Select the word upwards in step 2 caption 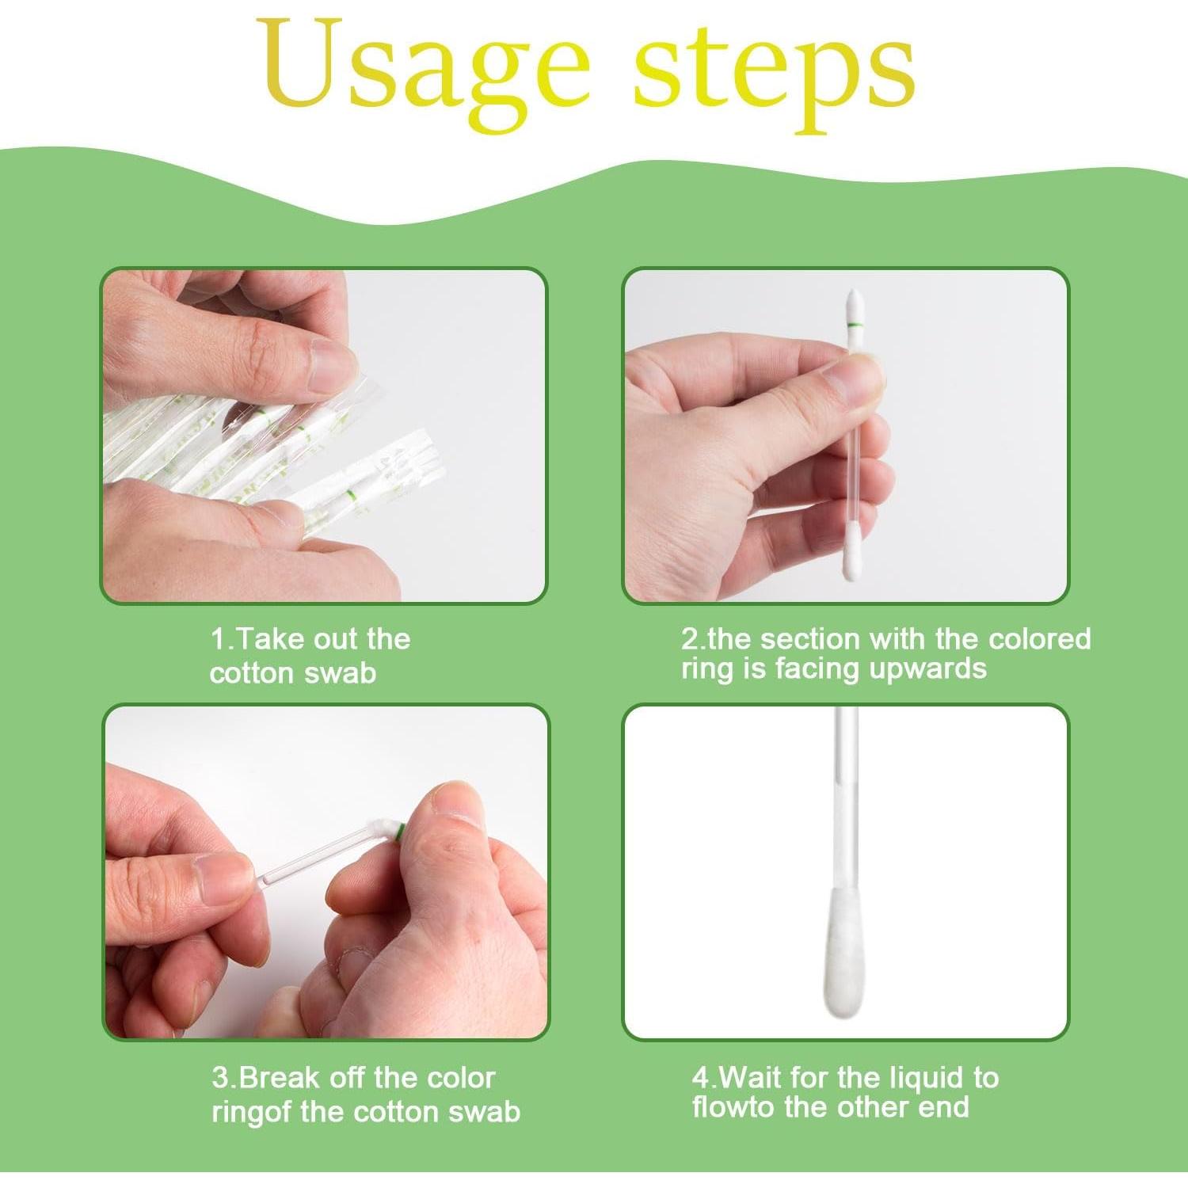point(927,670)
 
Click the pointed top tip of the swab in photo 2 point(854,291)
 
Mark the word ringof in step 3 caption point(252,1112)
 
